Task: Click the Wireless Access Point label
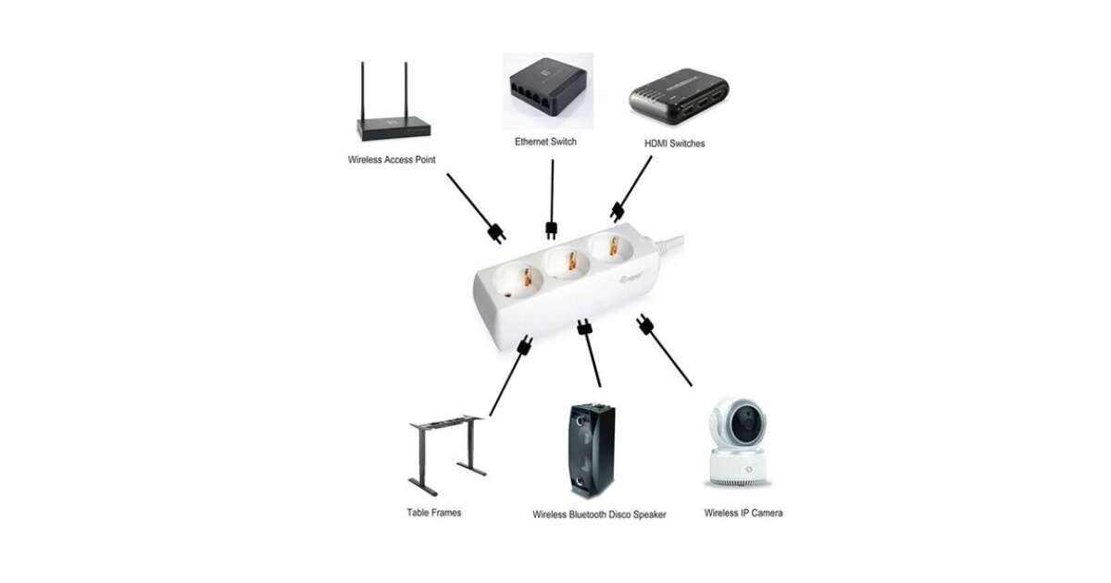[392, 160]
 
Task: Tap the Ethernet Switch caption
[546, 142]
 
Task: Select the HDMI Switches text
[674, 143]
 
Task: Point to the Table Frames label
[433, 512]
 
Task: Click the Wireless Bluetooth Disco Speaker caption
[599, 515]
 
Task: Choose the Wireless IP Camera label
[743, 513]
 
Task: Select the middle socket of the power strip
[566, 263]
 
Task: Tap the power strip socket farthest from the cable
[517, 276]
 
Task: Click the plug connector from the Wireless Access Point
[496, 231]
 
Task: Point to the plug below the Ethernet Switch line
[552, 229]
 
